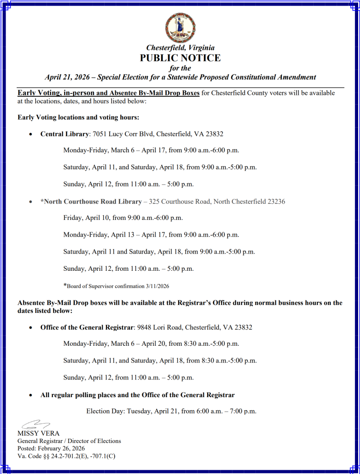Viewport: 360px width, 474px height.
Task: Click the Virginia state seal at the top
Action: (180, 28)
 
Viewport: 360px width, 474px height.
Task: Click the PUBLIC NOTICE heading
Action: (180, 58)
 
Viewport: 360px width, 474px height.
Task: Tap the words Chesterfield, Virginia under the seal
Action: (180, 48)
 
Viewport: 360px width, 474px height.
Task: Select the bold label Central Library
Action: (64, 134)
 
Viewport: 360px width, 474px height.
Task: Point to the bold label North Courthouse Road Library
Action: (91, 201)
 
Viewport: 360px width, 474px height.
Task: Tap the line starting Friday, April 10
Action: (123, 218)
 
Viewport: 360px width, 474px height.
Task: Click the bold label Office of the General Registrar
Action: (87, 327)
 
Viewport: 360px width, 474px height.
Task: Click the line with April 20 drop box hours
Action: (151, 344)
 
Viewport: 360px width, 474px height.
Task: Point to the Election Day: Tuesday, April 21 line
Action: (171, 411)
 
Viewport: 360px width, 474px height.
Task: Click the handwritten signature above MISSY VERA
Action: (35, 424)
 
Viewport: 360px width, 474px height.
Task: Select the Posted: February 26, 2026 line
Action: (51, 449)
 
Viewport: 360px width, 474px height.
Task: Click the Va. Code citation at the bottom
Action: (66, 456)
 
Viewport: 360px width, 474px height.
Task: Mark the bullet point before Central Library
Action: (30, 134)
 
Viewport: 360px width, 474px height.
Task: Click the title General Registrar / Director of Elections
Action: (69, 441)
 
